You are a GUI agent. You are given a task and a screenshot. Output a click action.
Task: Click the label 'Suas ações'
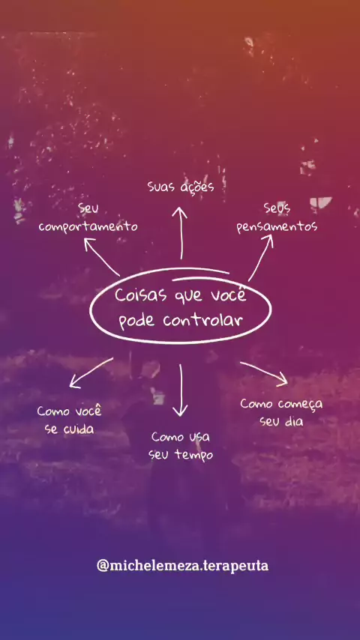click(x=181, y=187)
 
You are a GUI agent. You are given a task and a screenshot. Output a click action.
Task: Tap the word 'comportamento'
click(x=88, y=226)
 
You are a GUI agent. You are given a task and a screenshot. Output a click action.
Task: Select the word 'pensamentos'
click(x=277, y=227)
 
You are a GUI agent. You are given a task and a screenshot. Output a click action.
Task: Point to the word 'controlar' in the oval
click(x=203, y=320)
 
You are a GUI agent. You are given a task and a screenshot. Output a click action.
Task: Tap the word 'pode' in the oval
click(x=137, y=321)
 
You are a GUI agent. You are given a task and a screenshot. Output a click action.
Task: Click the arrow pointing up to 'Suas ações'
click(x=180, y=232)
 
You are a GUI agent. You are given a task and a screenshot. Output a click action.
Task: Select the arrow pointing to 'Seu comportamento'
click(x=102, y=257)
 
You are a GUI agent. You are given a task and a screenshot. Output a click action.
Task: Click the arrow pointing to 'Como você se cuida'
click(x=91, y=373)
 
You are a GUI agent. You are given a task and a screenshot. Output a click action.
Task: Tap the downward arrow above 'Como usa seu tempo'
click(x=180, y=390)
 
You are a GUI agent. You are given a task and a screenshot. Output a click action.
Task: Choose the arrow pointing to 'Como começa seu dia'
click(x=264, y=373)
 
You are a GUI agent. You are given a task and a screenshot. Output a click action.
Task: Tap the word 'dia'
click(x=294, y=421)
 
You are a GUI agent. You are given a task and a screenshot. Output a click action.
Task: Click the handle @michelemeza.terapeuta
click(x=183, y=566)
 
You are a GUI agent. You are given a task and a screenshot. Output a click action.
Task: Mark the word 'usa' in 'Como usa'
click(x=199, y=437)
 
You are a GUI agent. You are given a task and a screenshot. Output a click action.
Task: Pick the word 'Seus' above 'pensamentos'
click(x=277, y=208)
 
